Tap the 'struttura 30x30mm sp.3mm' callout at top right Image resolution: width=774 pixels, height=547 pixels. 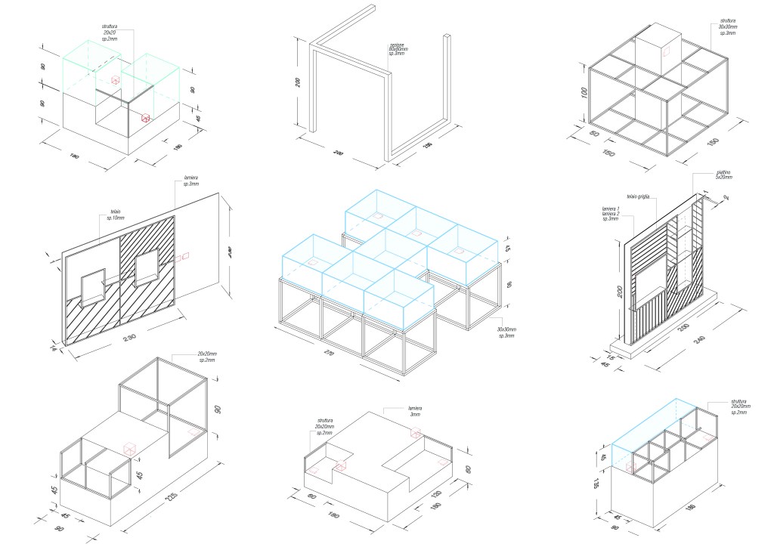(728, 28)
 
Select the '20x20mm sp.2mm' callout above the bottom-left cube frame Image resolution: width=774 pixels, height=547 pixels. (206, 357)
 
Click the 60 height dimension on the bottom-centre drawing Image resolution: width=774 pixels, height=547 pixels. (469, 470)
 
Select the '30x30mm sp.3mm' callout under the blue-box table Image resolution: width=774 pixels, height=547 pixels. (506, 332)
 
